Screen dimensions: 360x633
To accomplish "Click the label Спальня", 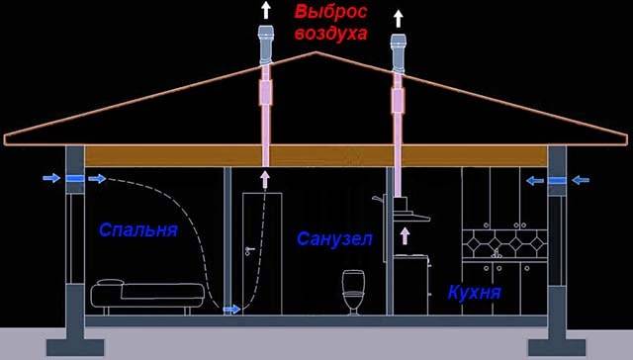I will [x=137, y=231].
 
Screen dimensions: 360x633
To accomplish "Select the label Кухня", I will [x=474, y=293].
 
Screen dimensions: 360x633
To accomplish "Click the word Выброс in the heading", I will [x=330, y=13].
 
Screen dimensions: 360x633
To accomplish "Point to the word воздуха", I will [x=330, y=33].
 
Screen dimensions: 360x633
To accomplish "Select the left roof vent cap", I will [x=265, y=45].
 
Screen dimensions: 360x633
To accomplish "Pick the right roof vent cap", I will [x=399, y=51].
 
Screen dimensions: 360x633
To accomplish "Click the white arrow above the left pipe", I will [x=265, y=11].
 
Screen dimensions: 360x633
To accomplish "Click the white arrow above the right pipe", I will [x=399, y=17].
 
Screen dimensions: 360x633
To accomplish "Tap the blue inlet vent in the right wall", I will [x=557, y=180].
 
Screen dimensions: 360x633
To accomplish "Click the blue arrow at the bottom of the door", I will [x=230, y=310].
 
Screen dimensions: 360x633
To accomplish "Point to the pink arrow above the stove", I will [x=405, y=235].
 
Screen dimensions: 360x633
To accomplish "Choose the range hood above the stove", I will [x=407, y=210].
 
